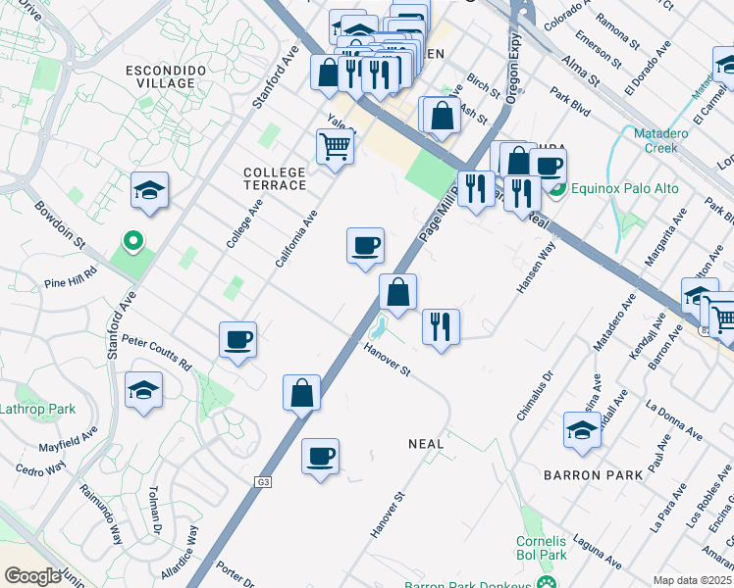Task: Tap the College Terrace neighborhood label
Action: [x=275, y=178]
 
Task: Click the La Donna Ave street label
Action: [x=674, y=419]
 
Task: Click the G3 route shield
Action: [x=263, y=482]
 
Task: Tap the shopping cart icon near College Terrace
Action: [x=335, y=147]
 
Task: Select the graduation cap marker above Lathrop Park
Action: [x=143, y=390]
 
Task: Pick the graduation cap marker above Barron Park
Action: [x=582, y=429]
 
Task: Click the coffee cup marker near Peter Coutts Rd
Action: [x=237, y=340]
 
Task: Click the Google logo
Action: [x=32, y=576]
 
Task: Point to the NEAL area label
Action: [x=426, y=444]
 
